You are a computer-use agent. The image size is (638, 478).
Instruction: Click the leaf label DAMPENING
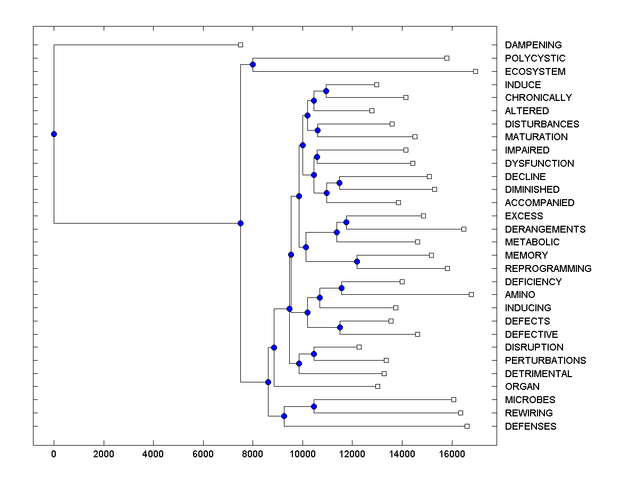tap(533, 45)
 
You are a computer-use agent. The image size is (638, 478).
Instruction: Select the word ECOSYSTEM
tap(535, 71)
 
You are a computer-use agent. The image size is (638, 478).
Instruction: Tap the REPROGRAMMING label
tap(548, 268)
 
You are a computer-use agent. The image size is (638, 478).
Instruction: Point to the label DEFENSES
tap(530, 426)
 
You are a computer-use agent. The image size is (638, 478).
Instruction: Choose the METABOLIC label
tap(532, 242)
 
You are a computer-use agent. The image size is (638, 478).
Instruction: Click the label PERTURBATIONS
tap(545, 360)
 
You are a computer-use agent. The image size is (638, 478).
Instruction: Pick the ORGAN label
tap(522, 387)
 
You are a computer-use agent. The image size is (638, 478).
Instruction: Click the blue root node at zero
tap(54, 134)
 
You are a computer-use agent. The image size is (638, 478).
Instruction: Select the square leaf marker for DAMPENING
tap(240, 45)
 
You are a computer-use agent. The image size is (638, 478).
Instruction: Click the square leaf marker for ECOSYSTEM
tap(475, 71)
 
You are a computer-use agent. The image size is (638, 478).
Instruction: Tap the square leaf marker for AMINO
tap(471, 294)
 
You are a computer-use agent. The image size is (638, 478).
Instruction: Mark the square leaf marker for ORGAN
tap(377, 386)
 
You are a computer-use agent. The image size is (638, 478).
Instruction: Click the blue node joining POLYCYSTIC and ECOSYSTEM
tap(253, 64)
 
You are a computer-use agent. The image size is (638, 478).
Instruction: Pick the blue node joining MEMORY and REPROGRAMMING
tap(357, 261)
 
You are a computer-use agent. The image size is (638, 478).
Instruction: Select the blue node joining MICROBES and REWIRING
tap(314, 406)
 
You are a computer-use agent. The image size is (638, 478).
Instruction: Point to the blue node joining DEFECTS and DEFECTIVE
tap(340, 327)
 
